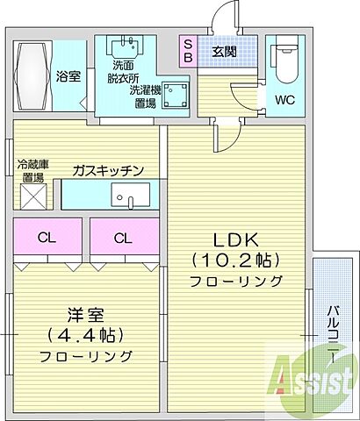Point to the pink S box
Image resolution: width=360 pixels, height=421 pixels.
tap(188, 42)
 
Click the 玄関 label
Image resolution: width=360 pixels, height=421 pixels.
tap(224, 51)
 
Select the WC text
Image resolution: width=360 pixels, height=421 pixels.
tap(284, 99)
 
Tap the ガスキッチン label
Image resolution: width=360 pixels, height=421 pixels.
tap(108, 170)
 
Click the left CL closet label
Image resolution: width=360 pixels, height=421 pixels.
tap(46, 237)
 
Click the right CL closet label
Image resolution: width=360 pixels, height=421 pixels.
tap(122, 237)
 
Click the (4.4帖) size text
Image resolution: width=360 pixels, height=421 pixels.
tap(84, 334)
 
